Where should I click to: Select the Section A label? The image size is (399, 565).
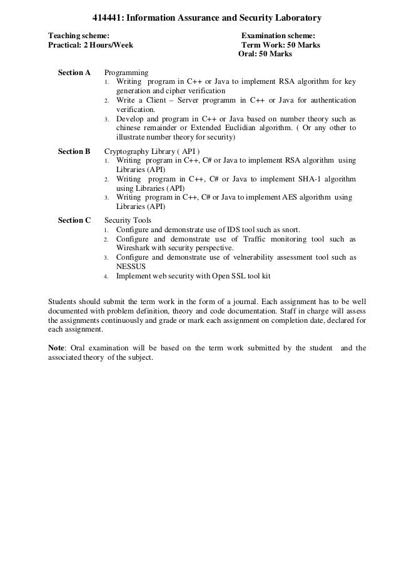coord(74,73)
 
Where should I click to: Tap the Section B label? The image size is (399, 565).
coord(74,151)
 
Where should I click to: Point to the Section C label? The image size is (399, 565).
coord(74,220)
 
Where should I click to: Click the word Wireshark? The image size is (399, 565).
coord(134,248)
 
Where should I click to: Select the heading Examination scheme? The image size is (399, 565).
coord(278,35)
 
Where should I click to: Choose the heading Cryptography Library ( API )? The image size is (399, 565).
coord(152,151)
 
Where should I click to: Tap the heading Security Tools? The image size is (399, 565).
coord(128,220)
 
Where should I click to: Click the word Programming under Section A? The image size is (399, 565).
coord(126,73)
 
